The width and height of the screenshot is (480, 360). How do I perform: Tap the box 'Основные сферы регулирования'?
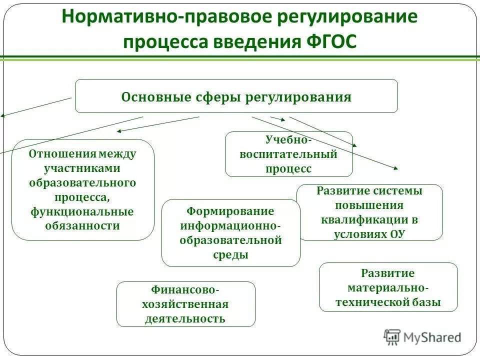236,96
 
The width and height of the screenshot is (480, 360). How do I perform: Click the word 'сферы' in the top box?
216,97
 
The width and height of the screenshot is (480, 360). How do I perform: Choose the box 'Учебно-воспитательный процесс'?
288,154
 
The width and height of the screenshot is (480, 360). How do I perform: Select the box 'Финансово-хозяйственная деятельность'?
185,304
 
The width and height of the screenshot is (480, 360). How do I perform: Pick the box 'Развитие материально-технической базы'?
388,287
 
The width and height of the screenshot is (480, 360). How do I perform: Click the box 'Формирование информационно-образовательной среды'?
230,232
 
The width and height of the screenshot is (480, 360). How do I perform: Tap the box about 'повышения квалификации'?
369,212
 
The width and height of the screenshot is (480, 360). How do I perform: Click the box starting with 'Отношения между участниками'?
82,189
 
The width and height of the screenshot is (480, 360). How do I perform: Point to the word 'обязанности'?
82,225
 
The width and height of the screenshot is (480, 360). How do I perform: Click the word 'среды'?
230,254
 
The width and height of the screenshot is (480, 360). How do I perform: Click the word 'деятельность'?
185,318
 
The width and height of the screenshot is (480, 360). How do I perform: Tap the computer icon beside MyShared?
392,337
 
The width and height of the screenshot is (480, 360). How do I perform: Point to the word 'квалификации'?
365,219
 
